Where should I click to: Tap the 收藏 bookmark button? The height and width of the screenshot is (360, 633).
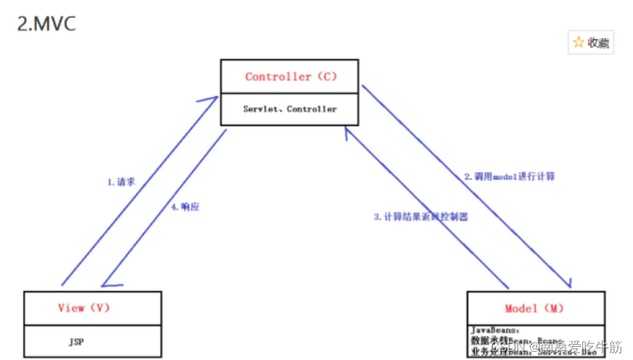(x=590, y=43)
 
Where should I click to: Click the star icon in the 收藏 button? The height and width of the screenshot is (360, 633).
(x=579, y=43)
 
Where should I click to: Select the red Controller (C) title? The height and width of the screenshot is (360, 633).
(x=291, y=77)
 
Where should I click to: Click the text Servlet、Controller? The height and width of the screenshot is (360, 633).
(x=290, y=109)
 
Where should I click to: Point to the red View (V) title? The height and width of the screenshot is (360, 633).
(x=84, y=308)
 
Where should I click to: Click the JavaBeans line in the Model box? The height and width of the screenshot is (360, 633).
(x=496, y=329)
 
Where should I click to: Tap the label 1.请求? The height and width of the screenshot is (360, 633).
(x=121, y=183)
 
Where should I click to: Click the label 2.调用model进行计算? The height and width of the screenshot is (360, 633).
(x=508, y=177)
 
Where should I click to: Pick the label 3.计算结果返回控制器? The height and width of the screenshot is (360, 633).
(x=421, y=216)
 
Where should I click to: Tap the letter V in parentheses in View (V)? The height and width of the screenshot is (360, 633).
(x=100, y=308)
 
